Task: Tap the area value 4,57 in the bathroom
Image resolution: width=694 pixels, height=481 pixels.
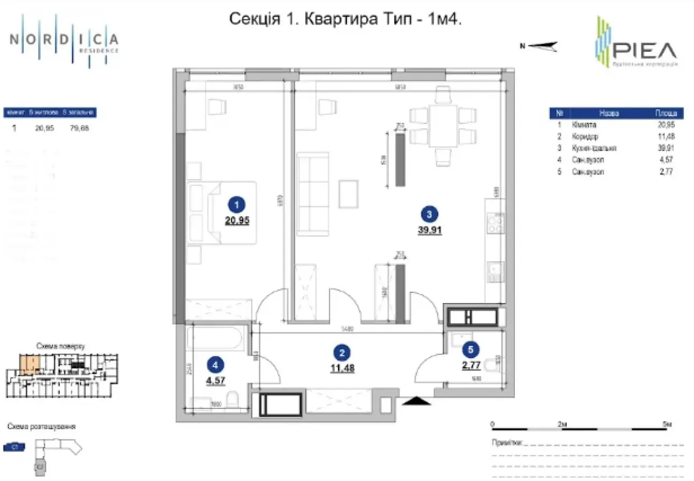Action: [x=215, y=381]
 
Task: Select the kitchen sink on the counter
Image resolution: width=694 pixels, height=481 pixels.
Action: [x=495, y=272]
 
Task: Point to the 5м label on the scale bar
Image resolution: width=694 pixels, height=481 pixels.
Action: [x=666, y=423]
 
